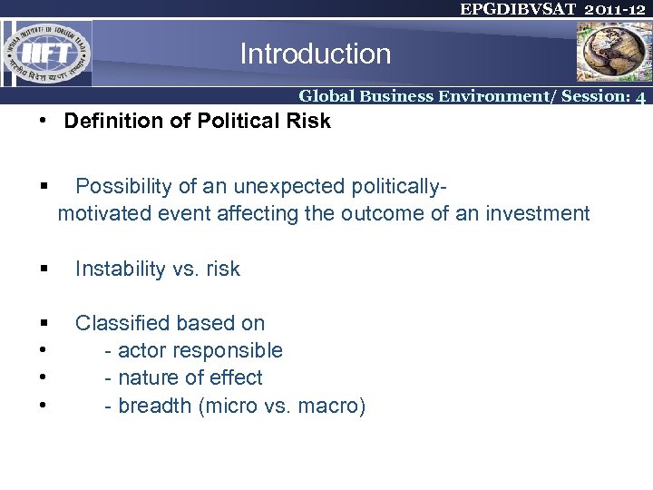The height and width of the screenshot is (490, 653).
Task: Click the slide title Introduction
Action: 315,54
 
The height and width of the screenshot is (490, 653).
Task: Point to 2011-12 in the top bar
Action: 615,9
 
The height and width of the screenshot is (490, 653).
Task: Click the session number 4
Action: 640,97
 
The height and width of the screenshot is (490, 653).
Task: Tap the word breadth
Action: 154,406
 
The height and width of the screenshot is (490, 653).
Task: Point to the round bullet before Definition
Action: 44,122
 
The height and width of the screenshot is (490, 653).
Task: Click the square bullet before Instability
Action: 44,269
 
